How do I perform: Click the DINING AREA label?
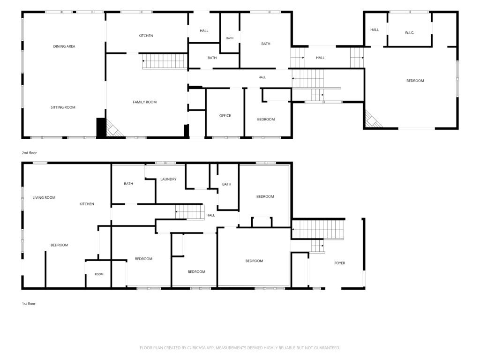(x=64, y=46)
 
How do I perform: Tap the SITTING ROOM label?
(x=63, y=107)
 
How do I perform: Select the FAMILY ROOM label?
(x=145, y=102)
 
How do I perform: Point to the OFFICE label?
(x=225, y=116)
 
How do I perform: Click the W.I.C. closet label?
(x=410, y=33)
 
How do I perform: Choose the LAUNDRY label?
(x=168, y=180)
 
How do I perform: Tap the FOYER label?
(x=340, y=263)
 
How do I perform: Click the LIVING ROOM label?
(x=44, y=198)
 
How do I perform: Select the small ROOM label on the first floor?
(x=99, y=274)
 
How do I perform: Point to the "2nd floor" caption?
(x=30, y=153)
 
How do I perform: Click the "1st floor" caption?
(x=29, y=304)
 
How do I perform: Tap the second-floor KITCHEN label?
(x=146, y=36)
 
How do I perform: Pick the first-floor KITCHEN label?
(x=87, y=204)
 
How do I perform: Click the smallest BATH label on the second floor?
(x=230, y=38)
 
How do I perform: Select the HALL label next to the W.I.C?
(x=375, y=30)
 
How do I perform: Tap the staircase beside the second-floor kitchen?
(x=165, y=61)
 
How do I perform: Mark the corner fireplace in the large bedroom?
(x=372, y=120)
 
